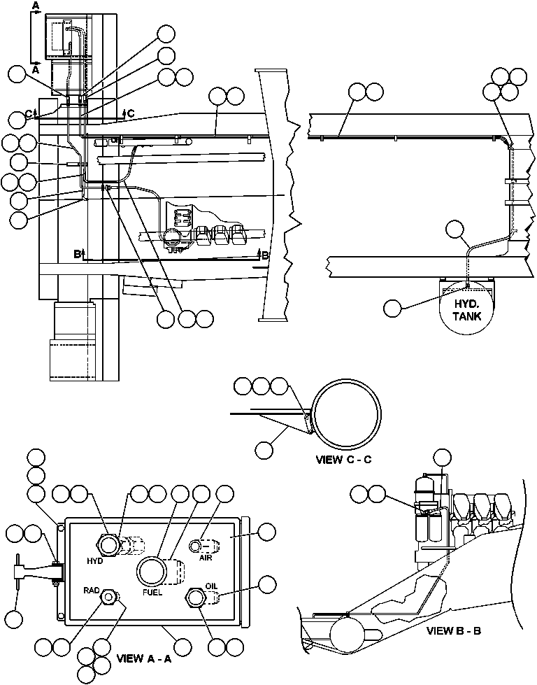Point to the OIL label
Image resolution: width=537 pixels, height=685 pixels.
(212, 586)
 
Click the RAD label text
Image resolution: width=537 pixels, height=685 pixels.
(92, 590)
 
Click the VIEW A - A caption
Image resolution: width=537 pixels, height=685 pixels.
(143, 658)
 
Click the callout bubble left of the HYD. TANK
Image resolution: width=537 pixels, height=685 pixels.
(394, 307)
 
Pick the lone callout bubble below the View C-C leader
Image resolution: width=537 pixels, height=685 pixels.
(264, 451)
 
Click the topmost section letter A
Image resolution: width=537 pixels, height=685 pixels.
(36, 5)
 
